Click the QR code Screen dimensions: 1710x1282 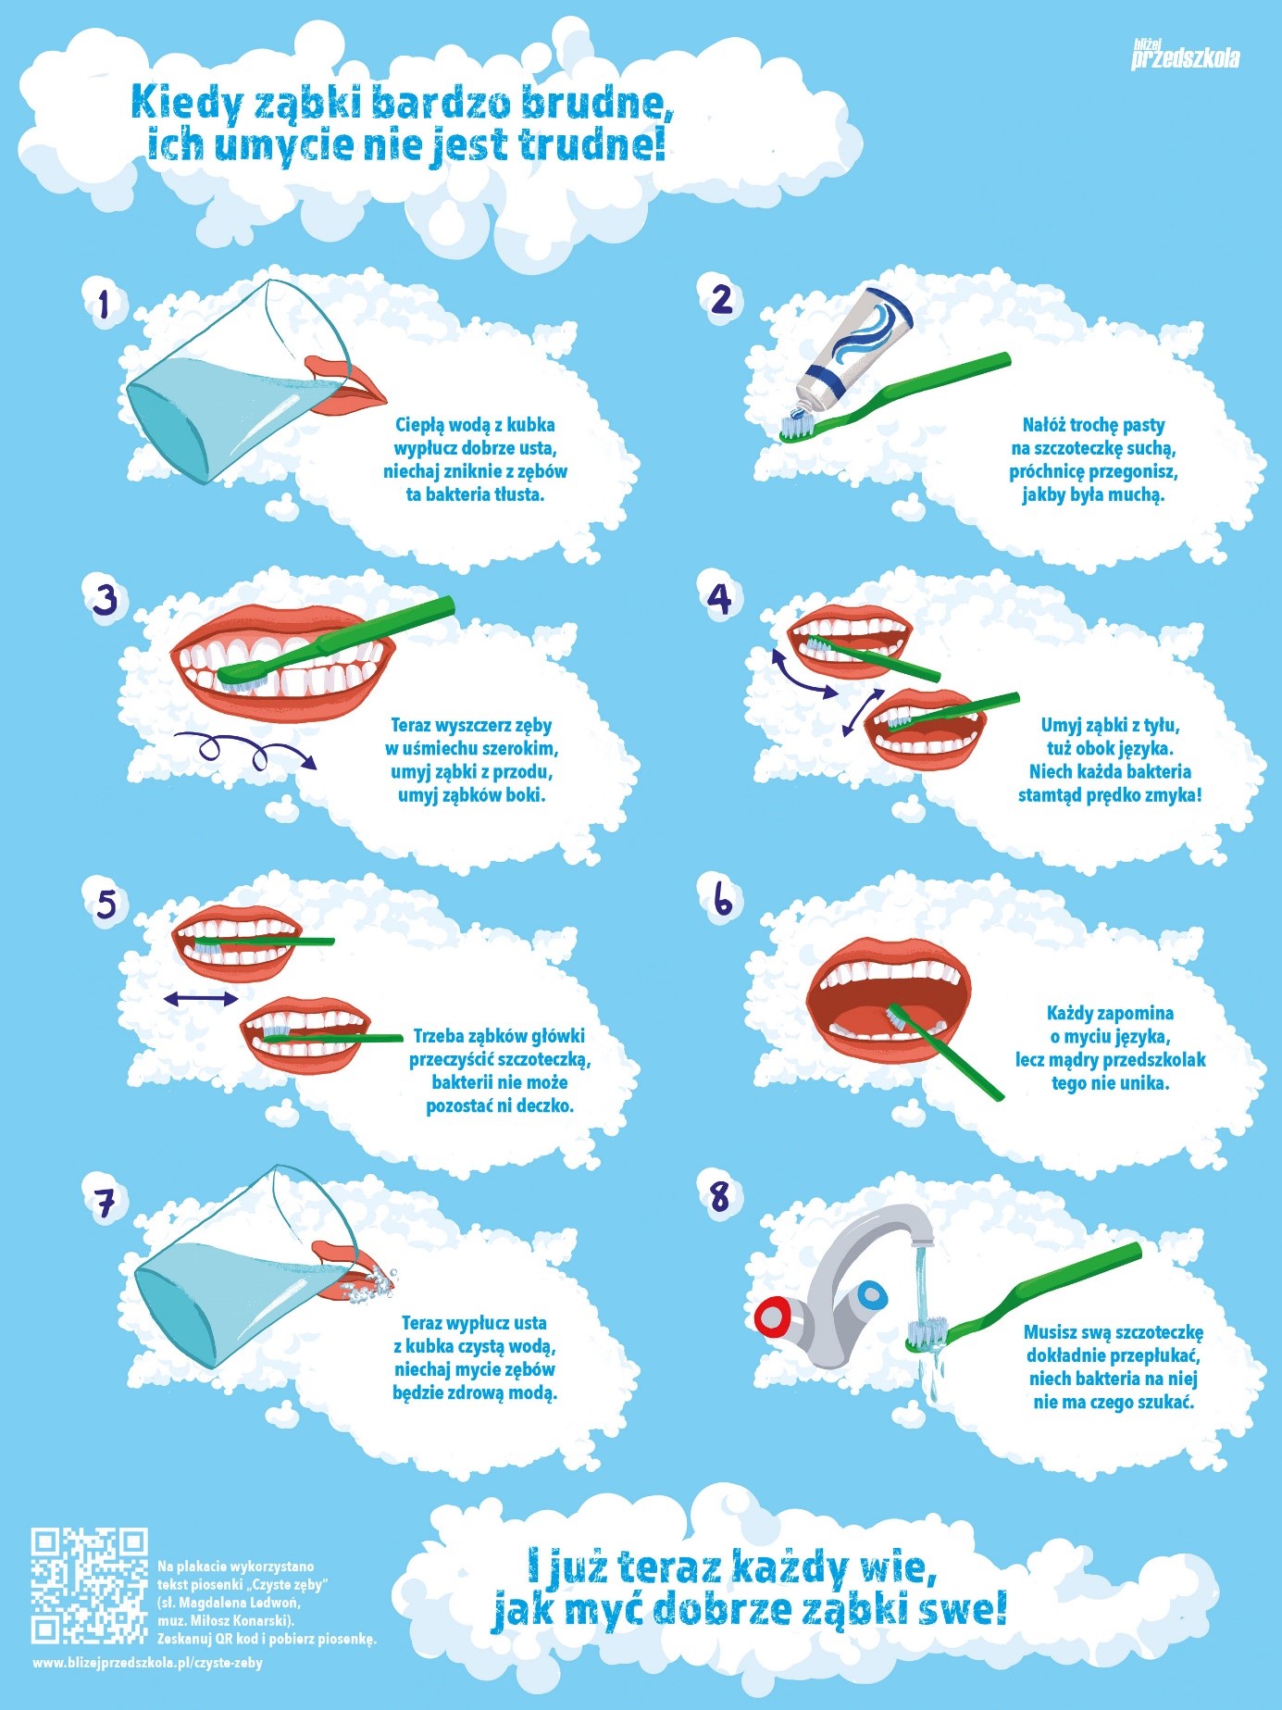(89, 1585)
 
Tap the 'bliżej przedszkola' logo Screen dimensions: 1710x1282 (1185, 55)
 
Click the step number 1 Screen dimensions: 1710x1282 (104, 304)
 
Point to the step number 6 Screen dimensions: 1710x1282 (722, 898)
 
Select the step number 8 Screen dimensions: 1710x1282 (719, 1196)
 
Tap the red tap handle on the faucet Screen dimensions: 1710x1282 (770, 1317)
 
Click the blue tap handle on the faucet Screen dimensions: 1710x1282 (871, 1294)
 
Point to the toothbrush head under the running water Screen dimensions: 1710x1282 (926, 1333)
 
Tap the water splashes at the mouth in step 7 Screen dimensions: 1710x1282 (370, 1283)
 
